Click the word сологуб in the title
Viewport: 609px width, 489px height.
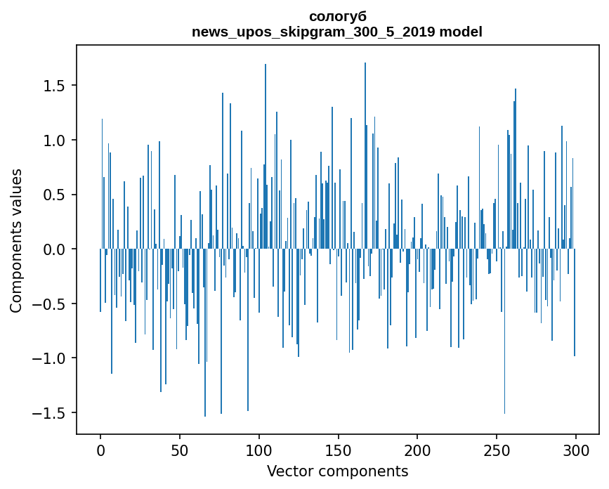[337, 16]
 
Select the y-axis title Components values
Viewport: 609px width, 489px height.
[16, 240]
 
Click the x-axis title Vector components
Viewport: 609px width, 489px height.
[337, 471]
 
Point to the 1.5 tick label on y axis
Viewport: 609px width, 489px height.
[55, 86]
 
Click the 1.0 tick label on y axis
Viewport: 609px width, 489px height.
[55, 141]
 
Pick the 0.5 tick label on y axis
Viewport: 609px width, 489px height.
[55, 195]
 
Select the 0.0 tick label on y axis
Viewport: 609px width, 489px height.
[55, 249]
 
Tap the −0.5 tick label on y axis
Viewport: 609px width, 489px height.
[51, 304]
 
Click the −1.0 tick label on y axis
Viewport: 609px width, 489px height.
[51, 358]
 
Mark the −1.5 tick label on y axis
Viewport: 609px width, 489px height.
[51, 413]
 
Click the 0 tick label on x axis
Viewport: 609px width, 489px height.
[100, 450]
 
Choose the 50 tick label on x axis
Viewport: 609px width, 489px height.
[180, 450]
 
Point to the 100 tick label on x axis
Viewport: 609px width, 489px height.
[259, 450]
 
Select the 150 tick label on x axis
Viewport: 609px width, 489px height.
[338, 450]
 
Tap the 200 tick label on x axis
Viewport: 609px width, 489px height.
[417, 450]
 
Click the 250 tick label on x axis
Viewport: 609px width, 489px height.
[497, 450]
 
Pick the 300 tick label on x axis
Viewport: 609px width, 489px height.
[575, 450]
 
